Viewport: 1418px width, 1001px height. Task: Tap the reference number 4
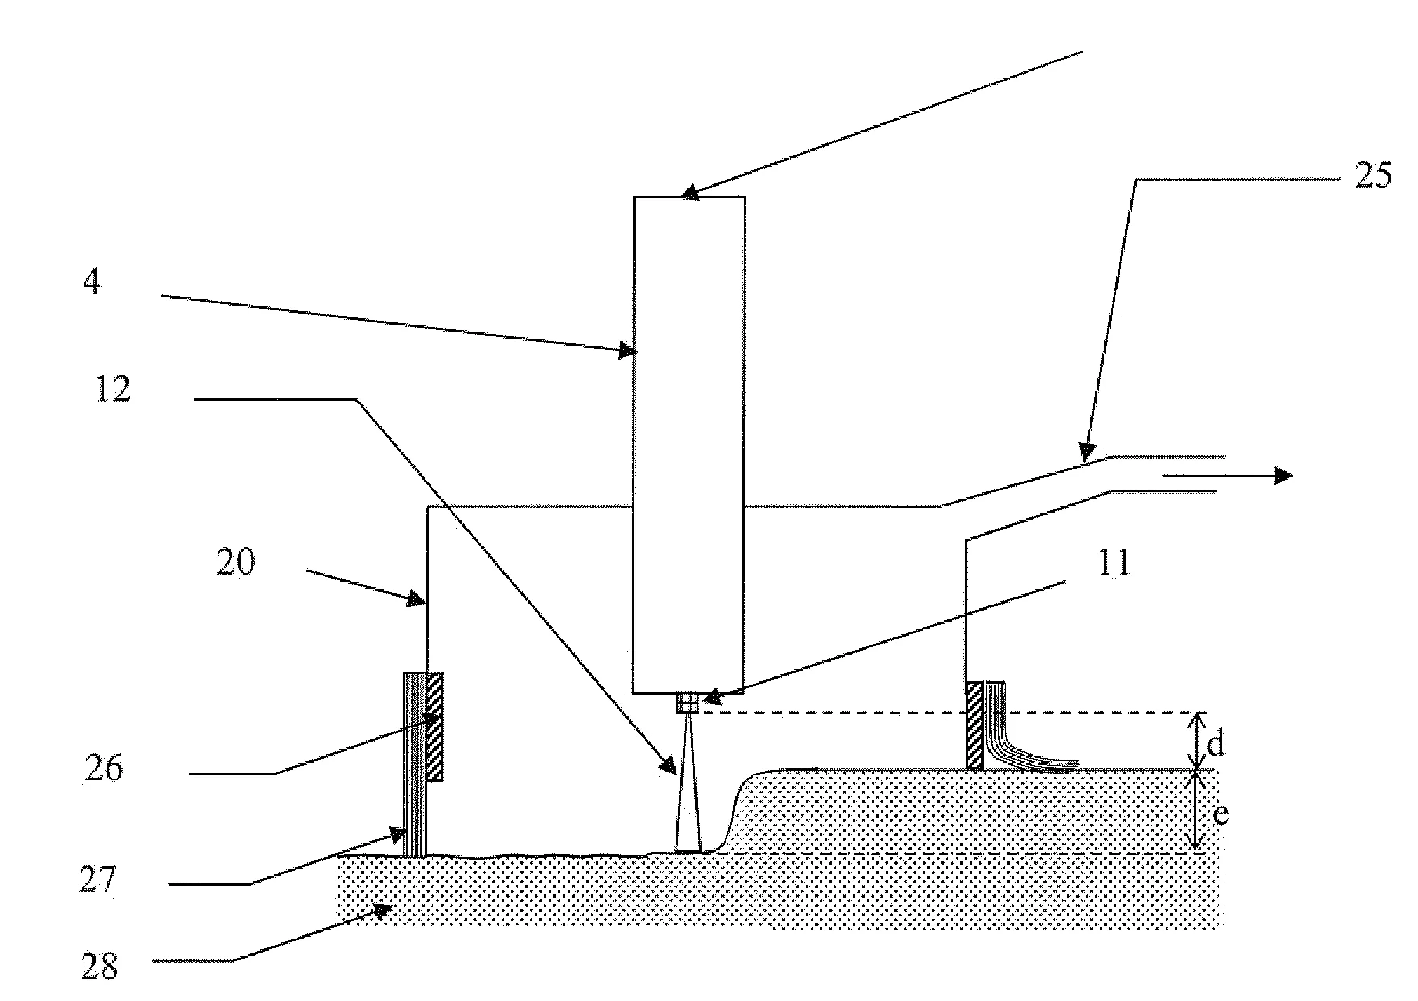coord(92,281)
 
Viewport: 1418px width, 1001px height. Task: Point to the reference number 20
coord(236,563)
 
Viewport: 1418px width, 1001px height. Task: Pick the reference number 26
coord(104,768)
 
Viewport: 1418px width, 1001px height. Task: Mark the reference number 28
coord(100,967)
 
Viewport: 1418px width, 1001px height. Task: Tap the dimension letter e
coord(1220,814)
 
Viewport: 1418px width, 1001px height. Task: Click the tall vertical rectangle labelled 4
coord(689,444)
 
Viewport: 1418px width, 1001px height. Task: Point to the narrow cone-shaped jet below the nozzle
coord(687,783)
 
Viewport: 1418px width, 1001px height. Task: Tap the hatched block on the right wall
coord(974,725)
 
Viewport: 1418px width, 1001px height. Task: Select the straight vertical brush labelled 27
coord(415,764)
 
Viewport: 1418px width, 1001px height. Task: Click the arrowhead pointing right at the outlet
coord(1283,475)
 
